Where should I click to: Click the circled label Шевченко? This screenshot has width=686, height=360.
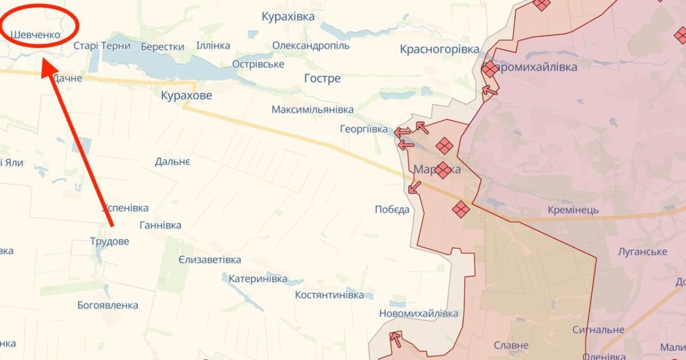pyautogui.click(x=35, y=35)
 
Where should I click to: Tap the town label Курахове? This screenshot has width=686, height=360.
pyautogui.click(x=186, y=95)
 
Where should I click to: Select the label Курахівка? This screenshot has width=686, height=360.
pyautogui.click(x=288, y=17)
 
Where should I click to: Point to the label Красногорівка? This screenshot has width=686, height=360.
pyautogui.click(x=440, y=49)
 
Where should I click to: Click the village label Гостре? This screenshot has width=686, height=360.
pyautogui.click(x=322, y=78)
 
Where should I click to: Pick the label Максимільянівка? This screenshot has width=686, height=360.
pyautogui.click(x=312, y=109)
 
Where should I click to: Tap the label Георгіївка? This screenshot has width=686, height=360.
pyautogui.click(x=364, y=129)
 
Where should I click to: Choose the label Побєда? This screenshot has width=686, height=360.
pyautogui.click(x=392, y=209)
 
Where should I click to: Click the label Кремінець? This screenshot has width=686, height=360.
pyautogui.click(x=573, y=210)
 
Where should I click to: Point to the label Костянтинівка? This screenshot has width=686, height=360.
pyautogui.click(x=329, y=295)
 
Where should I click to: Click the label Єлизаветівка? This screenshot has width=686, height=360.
pyautogui.click(x=209, y=260)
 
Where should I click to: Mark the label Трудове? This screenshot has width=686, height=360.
pyautogui.click(x=110, y=241)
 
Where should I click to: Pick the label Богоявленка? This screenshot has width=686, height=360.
pyautogui.click(x=107, y=305)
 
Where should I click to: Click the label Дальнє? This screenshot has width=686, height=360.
pyautogui.click(x=173, y=162)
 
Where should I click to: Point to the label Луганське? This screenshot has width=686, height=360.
pyautogui.click(x=643, y=251)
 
